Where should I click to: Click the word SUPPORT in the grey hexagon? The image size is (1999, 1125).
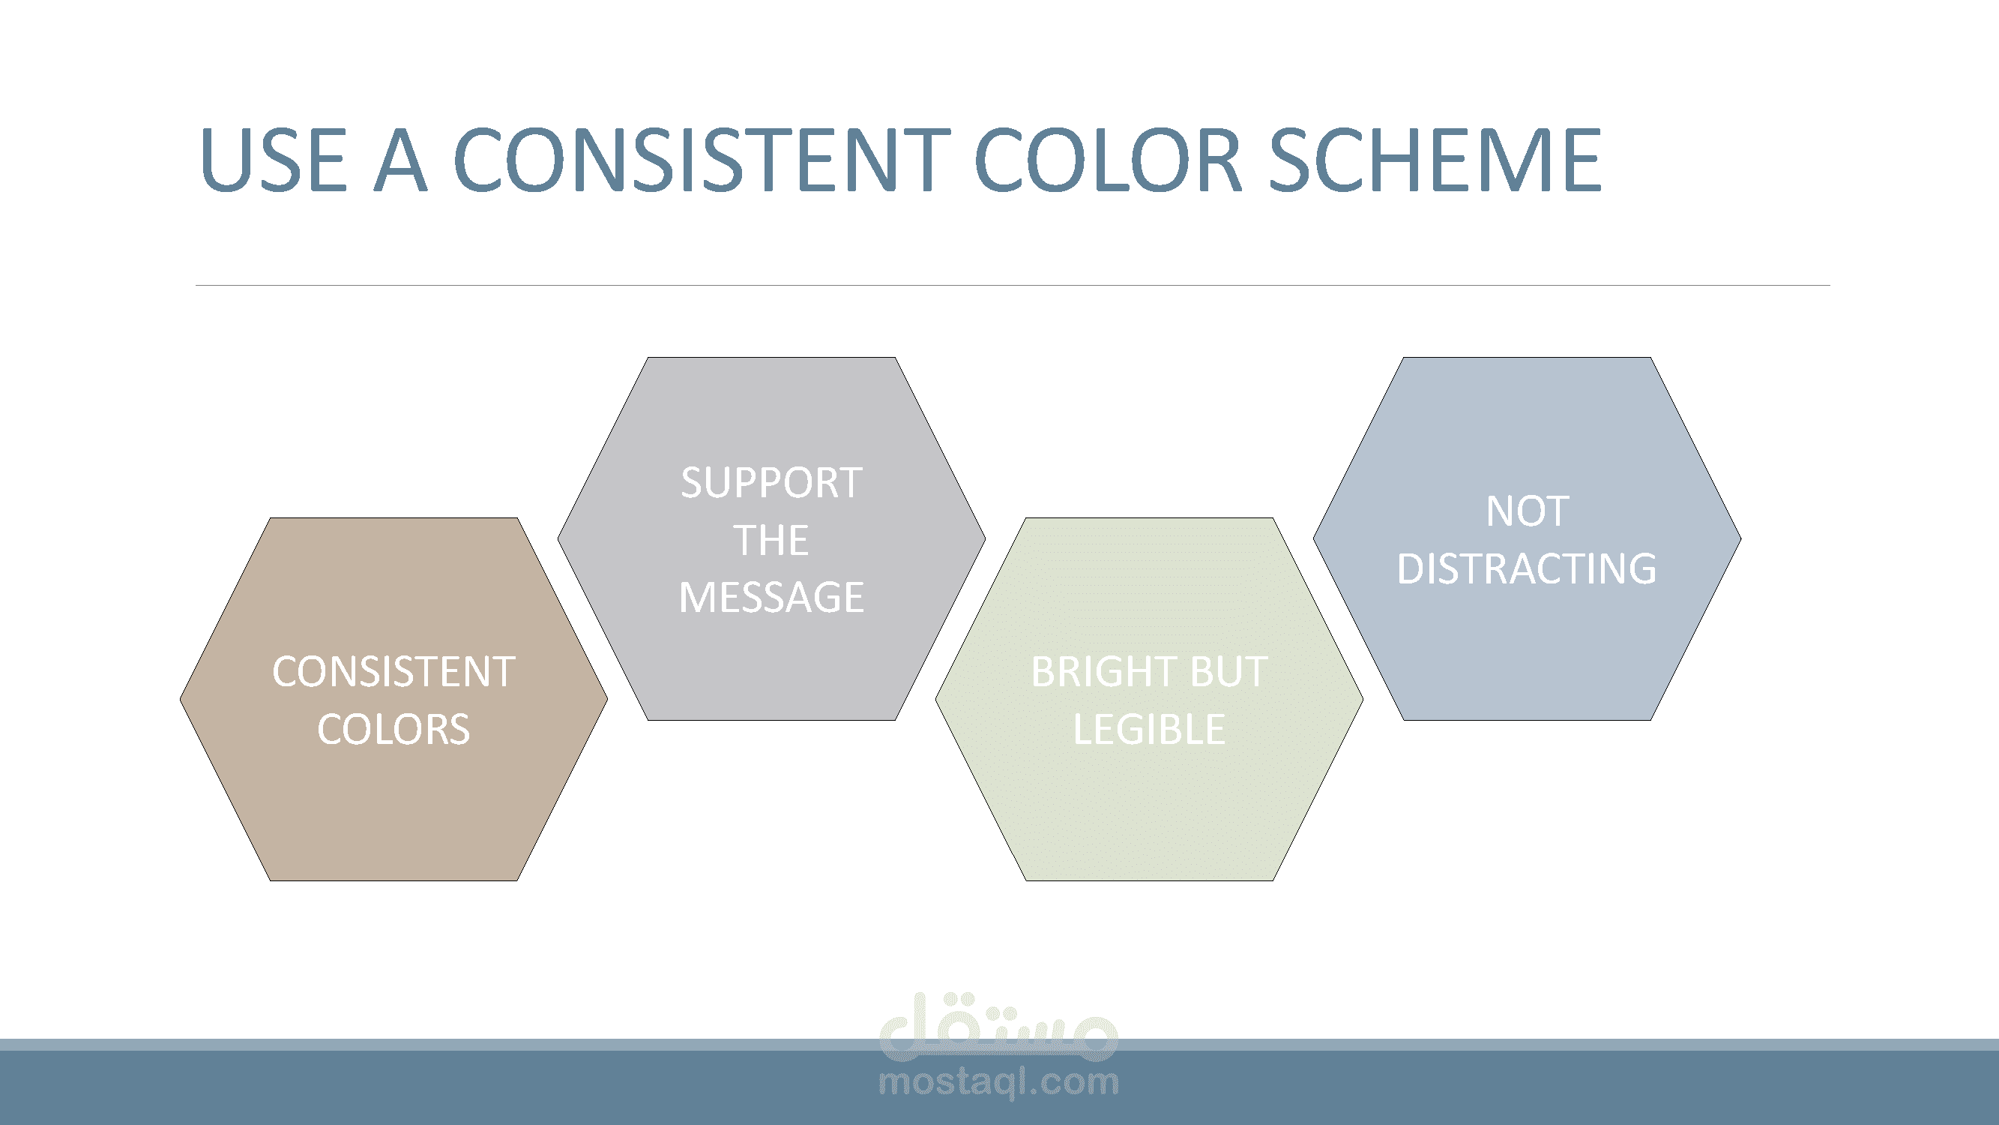click(771, 483)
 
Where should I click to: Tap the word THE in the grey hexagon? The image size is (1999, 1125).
click(771, 540)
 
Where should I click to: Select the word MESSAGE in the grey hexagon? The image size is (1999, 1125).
click(771, 597)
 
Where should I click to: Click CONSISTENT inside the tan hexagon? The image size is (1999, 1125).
click(394, 671)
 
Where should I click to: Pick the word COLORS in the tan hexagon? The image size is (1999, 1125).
click(394, 730)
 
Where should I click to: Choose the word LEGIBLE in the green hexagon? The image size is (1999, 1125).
click(1149, 730)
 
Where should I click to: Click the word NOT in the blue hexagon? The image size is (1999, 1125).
click(1528, 511)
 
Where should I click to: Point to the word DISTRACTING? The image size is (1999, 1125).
click(1528, 568)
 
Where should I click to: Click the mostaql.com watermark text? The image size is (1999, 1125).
click(998, 1081)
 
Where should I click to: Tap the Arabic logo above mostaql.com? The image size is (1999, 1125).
click(998, 1027)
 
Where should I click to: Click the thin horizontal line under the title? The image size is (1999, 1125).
click(1013, 285)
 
